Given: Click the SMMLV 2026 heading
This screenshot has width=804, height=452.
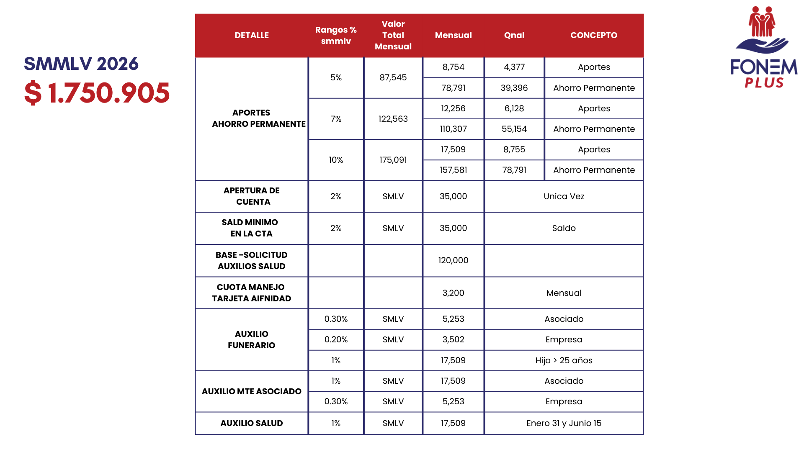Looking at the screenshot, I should point(81,64).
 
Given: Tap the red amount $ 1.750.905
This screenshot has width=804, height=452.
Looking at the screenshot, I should point(97,93).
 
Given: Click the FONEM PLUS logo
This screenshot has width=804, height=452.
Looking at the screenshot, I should point(763,47).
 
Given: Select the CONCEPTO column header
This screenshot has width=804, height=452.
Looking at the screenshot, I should point(593,35).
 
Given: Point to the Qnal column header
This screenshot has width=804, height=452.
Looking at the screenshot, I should point(514,35).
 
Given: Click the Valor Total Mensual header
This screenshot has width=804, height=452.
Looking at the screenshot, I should point(393,35).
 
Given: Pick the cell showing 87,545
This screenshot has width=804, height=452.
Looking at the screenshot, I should point(393,77).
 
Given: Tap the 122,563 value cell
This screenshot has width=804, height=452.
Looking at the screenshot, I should point(393,119).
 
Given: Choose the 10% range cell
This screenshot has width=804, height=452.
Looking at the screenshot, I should point(336,160).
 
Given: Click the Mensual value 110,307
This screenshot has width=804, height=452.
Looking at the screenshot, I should point(453,129).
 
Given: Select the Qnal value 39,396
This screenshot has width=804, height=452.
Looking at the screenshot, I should point(514,88).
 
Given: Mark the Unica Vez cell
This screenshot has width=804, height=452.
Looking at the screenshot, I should point(564,196).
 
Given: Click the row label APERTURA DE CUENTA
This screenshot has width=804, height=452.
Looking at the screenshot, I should point(252,196).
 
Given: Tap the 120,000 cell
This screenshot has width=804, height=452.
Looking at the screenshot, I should point(453,260).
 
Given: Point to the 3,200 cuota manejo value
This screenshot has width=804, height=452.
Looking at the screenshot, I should point(453,293).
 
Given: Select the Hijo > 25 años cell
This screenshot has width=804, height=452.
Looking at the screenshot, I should point(564,360).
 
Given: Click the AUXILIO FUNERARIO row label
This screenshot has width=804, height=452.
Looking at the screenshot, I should point(252,339).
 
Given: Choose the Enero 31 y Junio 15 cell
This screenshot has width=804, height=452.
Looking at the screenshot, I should point(564,423).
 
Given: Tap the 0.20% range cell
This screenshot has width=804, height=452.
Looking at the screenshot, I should point(336,339).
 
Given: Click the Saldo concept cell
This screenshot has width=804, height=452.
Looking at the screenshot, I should point(564,228).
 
